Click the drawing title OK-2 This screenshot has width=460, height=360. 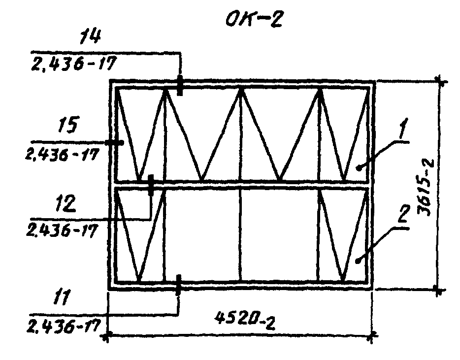click(x=254, y=20)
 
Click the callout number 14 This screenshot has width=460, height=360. click(x=91, y=37)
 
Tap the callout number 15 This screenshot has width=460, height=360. click(x=68, y=125)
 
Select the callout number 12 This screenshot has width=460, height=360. click(x=66, y=203)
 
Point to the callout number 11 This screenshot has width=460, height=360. click(x=62, y=297)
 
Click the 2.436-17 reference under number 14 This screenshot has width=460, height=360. click(x=74, y=64)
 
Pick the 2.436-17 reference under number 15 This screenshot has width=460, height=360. click(x=61, y=155)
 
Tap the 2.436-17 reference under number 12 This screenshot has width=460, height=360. click(x=61, y=230)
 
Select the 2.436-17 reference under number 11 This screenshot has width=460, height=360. click(x=64, y=326)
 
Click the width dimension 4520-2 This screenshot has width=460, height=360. click(x=245, y=321)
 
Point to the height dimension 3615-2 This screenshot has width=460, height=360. click(x=425, y=188)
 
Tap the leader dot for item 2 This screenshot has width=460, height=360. click(x=358, y=261)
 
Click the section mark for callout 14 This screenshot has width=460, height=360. click(x=180, y=85)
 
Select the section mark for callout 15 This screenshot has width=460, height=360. click(x=114, y=143)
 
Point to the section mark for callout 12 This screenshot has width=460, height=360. click(x=151, y=185)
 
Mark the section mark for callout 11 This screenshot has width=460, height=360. click(x=178, y=285)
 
